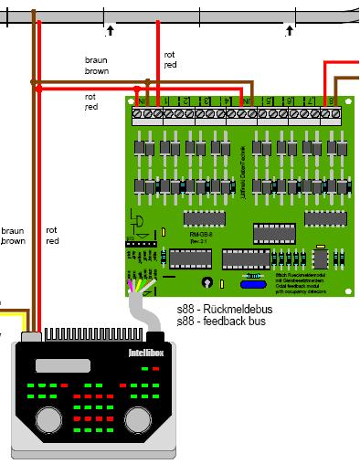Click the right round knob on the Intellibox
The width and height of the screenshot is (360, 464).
click(x=137, y=419)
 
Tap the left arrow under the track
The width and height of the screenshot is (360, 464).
click(x=110, y=30)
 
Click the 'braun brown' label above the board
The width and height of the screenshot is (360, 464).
click(x=97, y=65)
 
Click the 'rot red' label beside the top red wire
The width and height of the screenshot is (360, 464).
click(x=170, y=60)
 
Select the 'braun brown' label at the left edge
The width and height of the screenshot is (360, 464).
click(x=13, y=237)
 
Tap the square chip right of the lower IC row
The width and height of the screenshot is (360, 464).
click(x=321, y=257)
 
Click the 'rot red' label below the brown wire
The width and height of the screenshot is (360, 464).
click(x=90, y=101)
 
